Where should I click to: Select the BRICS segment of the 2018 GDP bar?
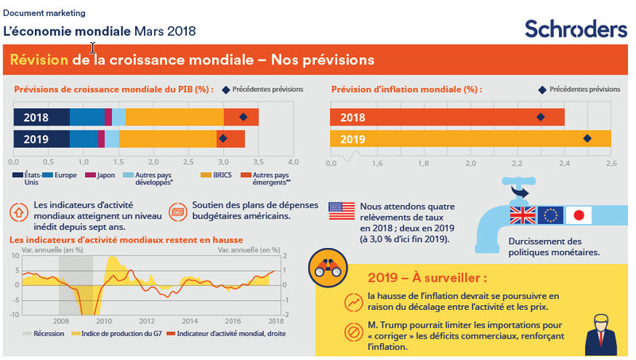coord(175,117)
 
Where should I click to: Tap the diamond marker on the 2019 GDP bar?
coord(224,139)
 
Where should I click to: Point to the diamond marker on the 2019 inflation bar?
coord(588,139)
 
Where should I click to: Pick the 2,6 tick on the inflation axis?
coord(611,163)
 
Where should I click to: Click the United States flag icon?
coord(342,211)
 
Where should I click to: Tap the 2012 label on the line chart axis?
coord(147,321)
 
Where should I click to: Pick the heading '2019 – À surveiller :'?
coord(427,278)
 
